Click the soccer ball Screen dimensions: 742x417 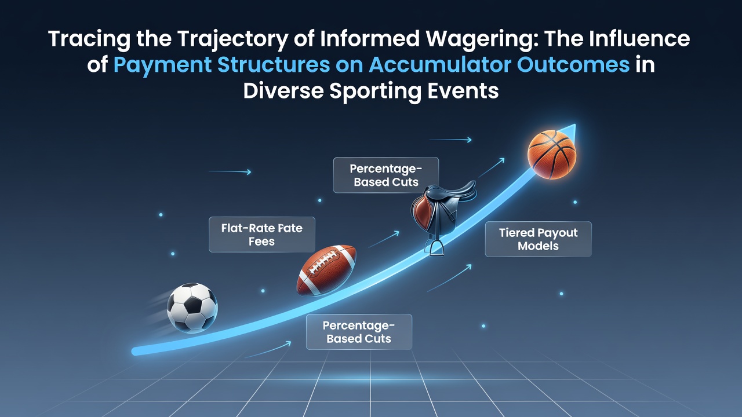point(192,308)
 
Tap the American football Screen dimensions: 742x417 point(326,270)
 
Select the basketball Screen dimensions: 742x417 point(552,155)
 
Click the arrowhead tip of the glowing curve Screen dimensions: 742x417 point(576,125)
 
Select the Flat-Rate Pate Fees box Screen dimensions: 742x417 point(262,235)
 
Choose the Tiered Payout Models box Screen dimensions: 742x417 point(539,239)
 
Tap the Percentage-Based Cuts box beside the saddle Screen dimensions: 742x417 point(386,175)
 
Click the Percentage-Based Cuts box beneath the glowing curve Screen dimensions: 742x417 point(359,332)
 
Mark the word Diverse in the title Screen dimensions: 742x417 point(283,90)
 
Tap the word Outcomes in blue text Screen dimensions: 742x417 point(573,64)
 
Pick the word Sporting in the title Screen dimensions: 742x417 point(375,92)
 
